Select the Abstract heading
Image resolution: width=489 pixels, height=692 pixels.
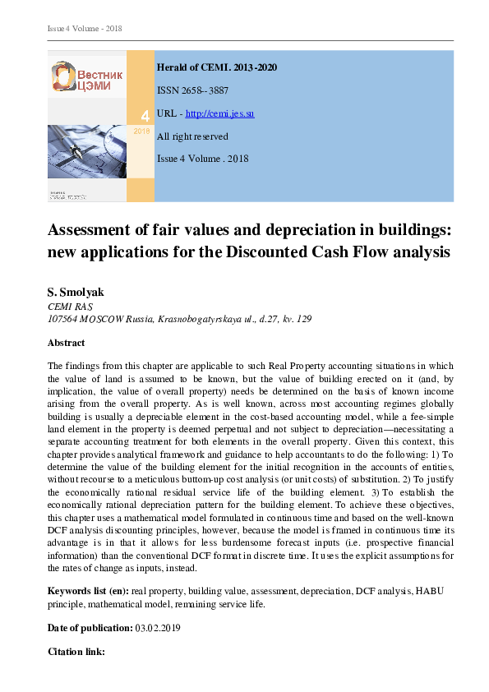67,343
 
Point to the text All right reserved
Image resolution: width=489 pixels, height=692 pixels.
192,136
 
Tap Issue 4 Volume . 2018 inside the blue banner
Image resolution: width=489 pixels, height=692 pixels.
202,159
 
